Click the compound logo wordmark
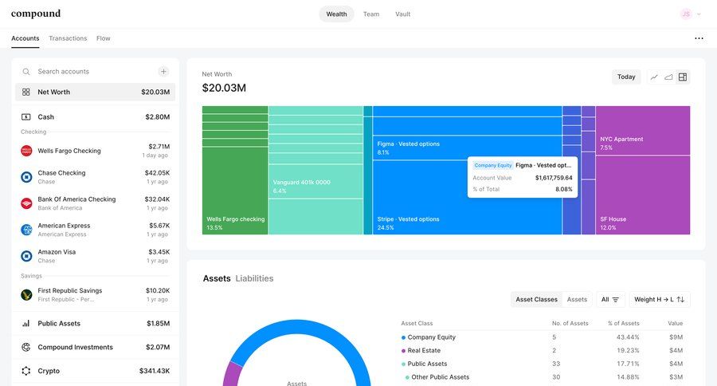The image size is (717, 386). (36, 14)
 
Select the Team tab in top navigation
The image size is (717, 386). (371, 14)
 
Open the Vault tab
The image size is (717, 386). (402, 14)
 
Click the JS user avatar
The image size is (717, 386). (686, 14)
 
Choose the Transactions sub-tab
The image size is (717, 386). (68, 38)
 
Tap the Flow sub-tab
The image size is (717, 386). (104, 38)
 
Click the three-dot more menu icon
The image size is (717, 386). (699, 38)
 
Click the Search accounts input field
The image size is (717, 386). (92, 72)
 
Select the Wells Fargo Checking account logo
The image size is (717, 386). (26, 151)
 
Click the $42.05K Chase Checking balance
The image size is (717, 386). (157, 172)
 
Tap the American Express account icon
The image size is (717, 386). (26, 230)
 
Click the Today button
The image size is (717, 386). (626, 77)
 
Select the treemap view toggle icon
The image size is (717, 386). (683, 77)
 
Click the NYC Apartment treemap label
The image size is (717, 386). (621, 139)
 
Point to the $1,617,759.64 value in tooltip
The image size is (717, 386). (554, 178)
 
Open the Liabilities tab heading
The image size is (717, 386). (254, 279)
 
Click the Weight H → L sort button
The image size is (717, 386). (660, 299)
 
